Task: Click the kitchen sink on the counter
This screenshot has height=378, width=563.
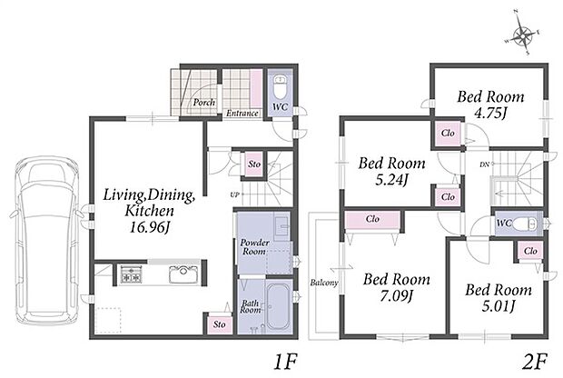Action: pyautogui.click(x=183, y=274)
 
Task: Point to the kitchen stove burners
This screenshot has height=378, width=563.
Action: pyautogui.click(x=131, y=274)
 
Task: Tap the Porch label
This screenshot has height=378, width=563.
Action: pyautogui.click(x=204, y=103)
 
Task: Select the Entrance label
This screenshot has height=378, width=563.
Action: pyautogui.click(x=242, y=114)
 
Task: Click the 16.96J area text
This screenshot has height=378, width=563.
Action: pyautogui.click(x=149, y=227)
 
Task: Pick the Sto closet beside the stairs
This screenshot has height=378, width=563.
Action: pyautogui.click(x=254, y=164)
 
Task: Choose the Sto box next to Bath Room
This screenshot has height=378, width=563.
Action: pyautogui.click(x=220, y=324)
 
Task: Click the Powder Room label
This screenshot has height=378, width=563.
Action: pyautogui.click(x=254, y=247)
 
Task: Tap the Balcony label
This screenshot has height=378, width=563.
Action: pyautogui.click(x=324, y=283)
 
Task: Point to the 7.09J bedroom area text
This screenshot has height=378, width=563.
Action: pyautogui.click(x=397, y=295)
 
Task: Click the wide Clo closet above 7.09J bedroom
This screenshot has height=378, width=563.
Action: pyautogui.click(x=372, y=219)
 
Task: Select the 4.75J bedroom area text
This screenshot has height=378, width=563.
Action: pyautogui.click(x=491, y=114)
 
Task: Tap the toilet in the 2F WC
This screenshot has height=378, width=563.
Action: pyautogui.click(x=525, y=224)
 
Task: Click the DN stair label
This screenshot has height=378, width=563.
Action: pyautogui.click(x=484, y=164)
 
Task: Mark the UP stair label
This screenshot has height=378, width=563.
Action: pyautogui.click(x=234, y=195)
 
